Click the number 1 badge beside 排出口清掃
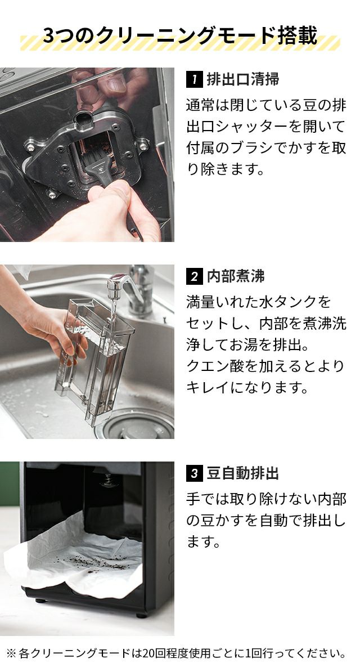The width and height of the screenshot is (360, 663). coord(194,79)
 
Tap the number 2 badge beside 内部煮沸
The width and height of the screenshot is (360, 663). coord(194,276)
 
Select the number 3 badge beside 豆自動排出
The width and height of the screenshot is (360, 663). coord(194,473)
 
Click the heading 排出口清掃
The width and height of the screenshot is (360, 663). coord(243,79)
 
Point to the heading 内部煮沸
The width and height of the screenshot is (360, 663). coord(236,276)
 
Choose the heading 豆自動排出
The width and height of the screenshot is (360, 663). coord(243,473)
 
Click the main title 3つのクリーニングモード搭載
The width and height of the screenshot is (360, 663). coord(180,35)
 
